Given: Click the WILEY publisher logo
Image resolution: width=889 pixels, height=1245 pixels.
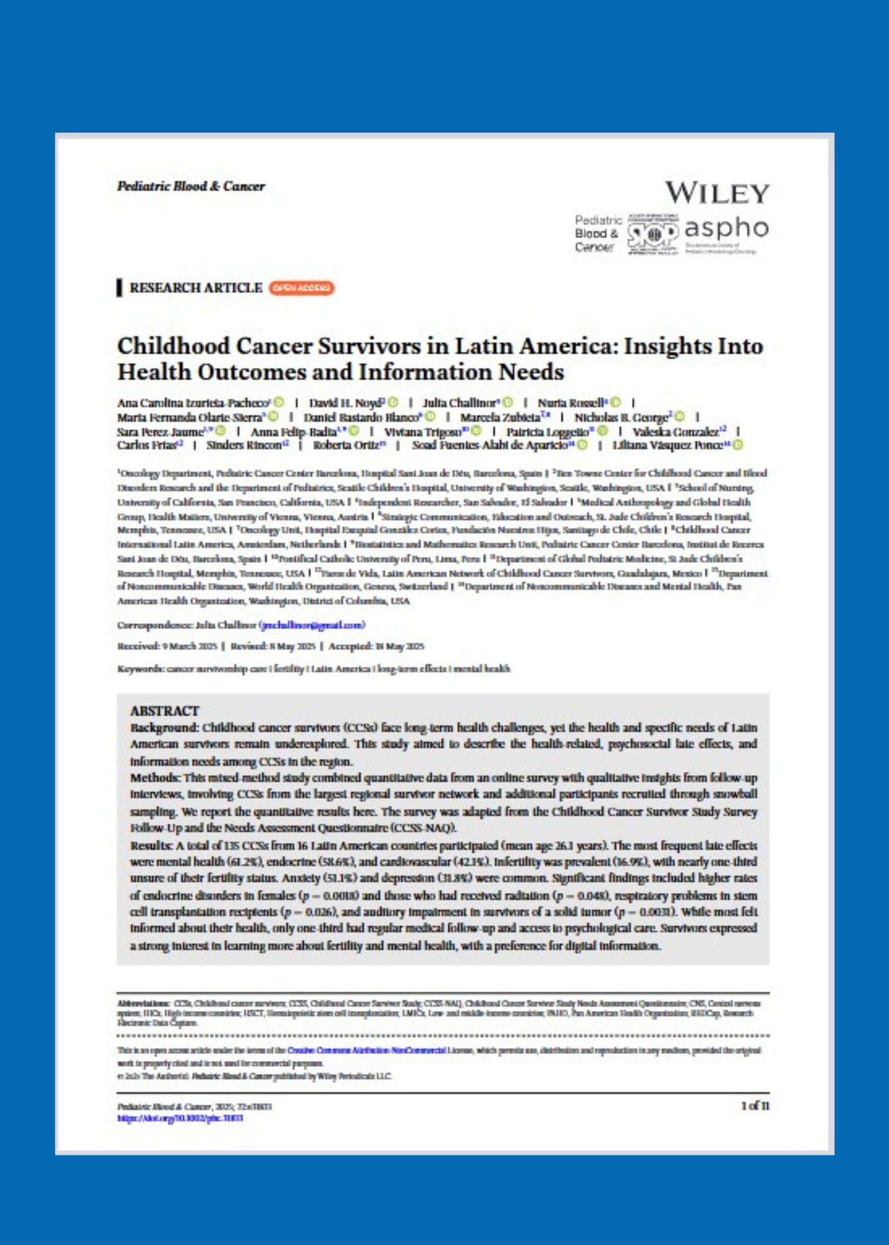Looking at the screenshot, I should tap(717, 193).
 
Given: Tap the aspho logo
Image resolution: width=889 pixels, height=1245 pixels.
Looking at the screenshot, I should tap(726, 229).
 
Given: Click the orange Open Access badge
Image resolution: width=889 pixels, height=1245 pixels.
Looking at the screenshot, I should tap(301, 288).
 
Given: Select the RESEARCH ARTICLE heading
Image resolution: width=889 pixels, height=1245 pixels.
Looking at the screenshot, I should tap(195, 288).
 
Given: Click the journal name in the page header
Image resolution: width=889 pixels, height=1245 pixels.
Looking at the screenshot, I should tap(191, 186).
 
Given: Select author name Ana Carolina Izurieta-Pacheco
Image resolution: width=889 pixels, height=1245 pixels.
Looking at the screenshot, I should tap(193, 403).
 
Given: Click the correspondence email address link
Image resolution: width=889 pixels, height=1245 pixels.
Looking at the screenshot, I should tap(312, 625).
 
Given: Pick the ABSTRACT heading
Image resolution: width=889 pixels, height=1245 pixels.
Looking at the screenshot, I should tap(164, 711).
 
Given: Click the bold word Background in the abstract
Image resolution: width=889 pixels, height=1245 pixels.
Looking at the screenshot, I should tap(164, 728).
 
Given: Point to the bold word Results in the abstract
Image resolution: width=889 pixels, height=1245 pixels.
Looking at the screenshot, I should tap(151, 846).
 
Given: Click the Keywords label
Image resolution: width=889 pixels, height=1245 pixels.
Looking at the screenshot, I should tap(141, 669).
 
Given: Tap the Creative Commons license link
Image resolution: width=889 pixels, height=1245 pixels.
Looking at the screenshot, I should tap(366, 1051).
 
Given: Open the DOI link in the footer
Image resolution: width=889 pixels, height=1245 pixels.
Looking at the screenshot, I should tap(180, 1118).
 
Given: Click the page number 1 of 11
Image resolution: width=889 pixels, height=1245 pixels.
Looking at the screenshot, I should tap(755, 1106).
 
